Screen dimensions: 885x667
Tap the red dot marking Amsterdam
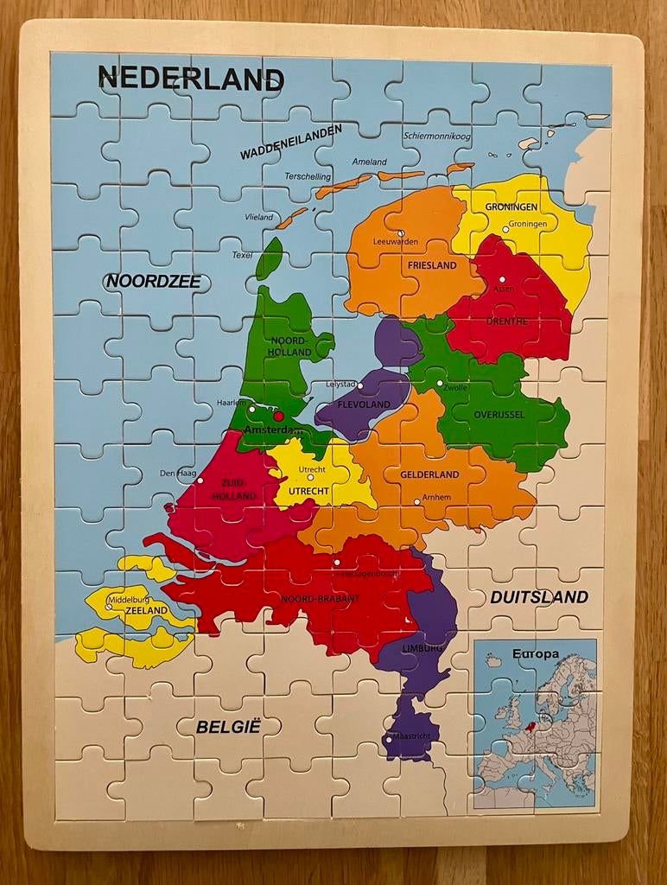(278, 417)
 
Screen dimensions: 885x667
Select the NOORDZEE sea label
(153, 281)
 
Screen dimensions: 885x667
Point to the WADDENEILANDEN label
(290, 141)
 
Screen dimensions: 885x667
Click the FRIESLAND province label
(431, 266)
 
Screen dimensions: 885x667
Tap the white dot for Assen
(502, 278)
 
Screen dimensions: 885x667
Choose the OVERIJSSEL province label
(499, 415)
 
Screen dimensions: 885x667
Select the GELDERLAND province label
(429, 475)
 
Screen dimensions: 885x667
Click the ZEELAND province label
(146, 610)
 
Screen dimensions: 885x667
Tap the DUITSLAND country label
(539, 597)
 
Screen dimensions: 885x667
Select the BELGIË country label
(228, 727)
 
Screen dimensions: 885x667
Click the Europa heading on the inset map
(535, 654)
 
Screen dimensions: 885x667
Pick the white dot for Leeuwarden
(401, 233)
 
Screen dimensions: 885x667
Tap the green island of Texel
(269, 258)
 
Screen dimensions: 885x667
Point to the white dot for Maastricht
(389, 740)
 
